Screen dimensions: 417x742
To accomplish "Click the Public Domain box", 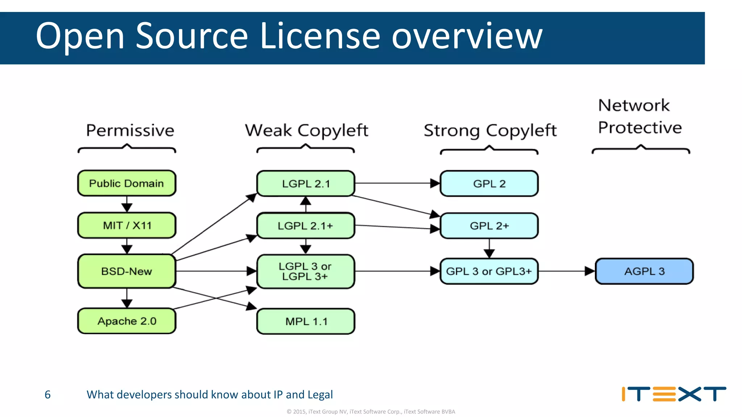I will coord(126,183).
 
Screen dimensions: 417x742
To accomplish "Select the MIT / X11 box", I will coord(126,225).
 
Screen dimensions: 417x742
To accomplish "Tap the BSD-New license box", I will coord(126,271).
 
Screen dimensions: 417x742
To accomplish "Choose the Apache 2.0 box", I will coord(126,321).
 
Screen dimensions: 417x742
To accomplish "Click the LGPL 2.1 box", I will coord(305,184).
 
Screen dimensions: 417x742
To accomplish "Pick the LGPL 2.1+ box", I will coord(305,226).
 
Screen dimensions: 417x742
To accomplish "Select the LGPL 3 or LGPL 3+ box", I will coord(305,271).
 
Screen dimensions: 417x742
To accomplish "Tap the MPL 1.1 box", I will coord(305,321).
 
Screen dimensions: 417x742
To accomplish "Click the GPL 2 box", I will coord(489,184).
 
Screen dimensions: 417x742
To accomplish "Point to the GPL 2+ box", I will coord(489,226).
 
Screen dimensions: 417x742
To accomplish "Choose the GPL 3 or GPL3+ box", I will coord(489,271).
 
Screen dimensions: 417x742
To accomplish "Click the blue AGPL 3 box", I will coord(644,271).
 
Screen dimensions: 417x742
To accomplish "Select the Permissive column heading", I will coord(130,130).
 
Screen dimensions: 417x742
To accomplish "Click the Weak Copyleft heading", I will coord(307,130).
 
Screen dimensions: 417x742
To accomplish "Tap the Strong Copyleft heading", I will coord(490,130).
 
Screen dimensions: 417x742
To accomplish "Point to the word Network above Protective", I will coord(634,105).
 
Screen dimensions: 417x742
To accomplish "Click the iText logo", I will coord(674,394).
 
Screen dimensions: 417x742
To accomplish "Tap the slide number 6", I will coord(47,395).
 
